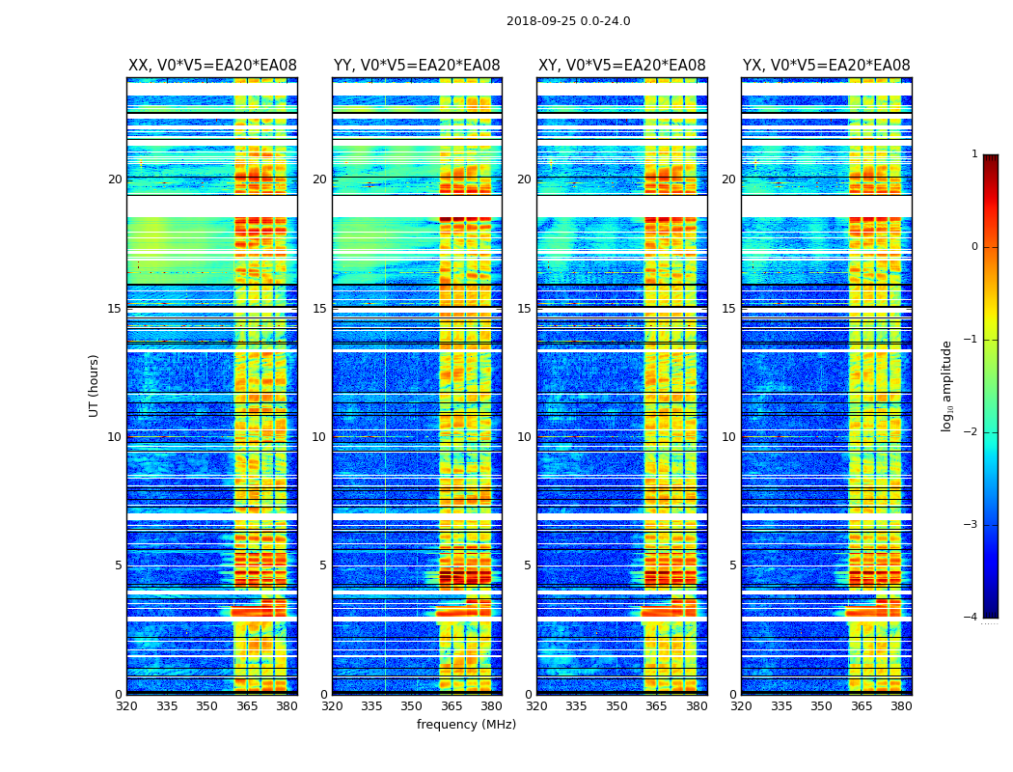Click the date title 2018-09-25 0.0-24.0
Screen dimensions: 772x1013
(568, 21)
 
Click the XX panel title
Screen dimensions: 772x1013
(212, 66)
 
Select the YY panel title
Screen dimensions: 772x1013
(417, 66)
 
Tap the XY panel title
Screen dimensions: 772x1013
(621, 66)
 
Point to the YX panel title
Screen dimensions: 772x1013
(826, 66)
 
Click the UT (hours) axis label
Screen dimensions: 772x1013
(95, 385)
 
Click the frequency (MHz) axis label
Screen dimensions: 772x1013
(466, 725)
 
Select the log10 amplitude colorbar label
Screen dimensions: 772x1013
(947, 385)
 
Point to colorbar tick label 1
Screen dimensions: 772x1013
(973, 154)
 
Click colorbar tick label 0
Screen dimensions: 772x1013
(973, 247)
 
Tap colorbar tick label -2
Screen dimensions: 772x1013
(972, 432)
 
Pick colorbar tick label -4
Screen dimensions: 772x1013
(972, 618)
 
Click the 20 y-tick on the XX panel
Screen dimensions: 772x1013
(115, 179)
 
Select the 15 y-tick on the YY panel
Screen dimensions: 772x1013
(319, 309)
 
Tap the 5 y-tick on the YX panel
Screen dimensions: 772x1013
(732, 565)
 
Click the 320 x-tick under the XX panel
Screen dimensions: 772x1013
(127, 706)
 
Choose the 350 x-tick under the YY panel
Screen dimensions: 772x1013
(412, 706)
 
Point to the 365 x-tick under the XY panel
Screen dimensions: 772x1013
(656, 706)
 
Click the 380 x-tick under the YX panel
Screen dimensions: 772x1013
(901, 706)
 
